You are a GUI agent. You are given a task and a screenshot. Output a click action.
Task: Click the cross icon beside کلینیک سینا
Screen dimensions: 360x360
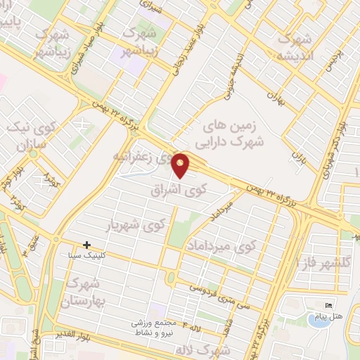click(x=86, y=245)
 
